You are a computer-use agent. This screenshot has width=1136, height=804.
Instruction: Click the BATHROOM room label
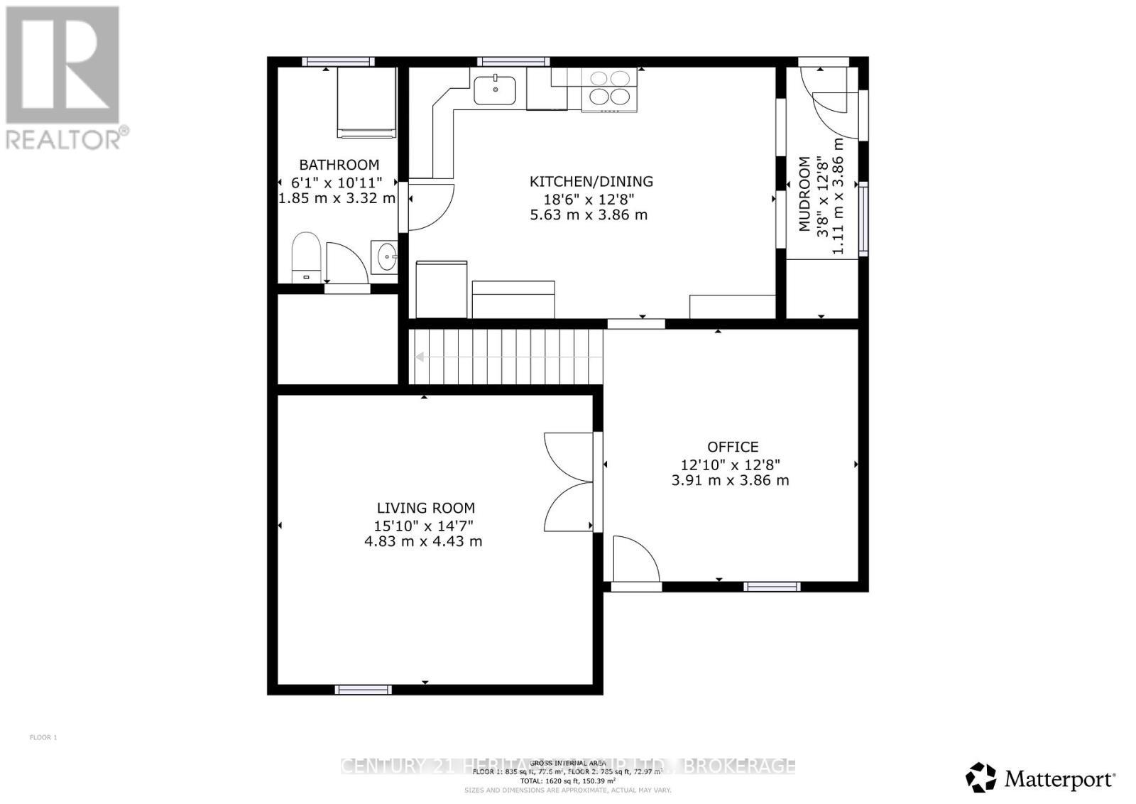[x=339, y=165]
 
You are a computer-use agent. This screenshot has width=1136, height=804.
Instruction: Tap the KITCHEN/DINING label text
[x=591, y=182]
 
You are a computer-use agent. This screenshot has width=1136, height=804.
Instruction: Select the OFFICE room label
[x=733, y=447]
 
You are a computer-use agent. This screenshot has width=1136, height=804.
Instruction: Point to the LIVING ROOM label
[x=425, y=508]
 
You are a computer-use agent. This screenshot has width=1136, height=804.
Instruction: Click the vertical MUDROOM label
[x=804, y=195]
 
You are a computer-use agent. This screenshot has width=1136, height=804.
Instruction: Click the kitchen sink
[x=495, y=89]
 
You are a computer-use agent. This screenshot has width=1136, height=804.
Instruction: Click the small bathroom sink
[x=384, y=256]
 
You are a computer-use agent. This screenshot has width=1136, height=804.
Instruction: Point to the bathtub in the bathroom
[x=366, y=102]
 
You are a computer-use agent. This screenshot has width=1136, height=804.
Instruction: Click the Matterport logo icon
[x=981, y=777]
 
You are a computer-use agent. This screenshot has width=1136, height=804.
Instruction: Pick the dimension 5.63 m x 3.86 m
[x=589, y=214]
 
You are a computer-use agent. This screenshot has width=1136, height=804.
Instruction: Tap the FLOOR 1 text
[x=43, y=737]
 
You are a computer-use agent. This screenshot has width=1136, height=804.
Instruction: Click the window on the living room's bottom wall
[x=363, y=690]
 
